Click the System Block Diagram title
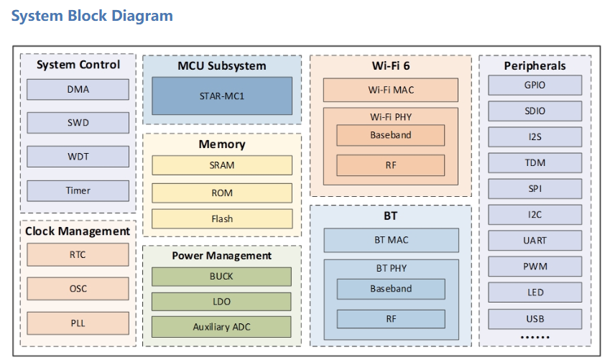click(92, 16)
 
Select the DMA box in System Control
click(78, 90)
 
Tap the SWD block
click(78, 123)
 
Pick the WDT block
click(78, 157)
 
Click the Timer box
click(78, 190)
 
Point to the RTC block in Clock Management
click(78, 254)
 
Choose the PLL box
click(78, 323)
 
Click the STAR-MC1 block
click(222, 96)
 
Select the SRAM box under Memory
click(222, 165)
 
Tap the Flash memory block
click(222, 219)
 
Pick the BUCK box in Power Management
click(221, 277)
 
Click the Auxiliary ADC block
click(221, 327)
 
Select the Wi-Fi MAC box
click(391, 90)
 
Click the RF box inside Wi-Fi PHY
click(391, 165)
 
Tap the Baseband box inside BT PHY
click(391, 289)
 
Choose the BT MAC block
click(391, 240)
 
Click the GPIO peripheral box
click(535, 85)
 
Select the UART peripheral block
click(535, 241)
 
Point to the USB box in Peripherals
click(535, 319)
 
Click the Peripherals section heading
click(535, 66)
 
